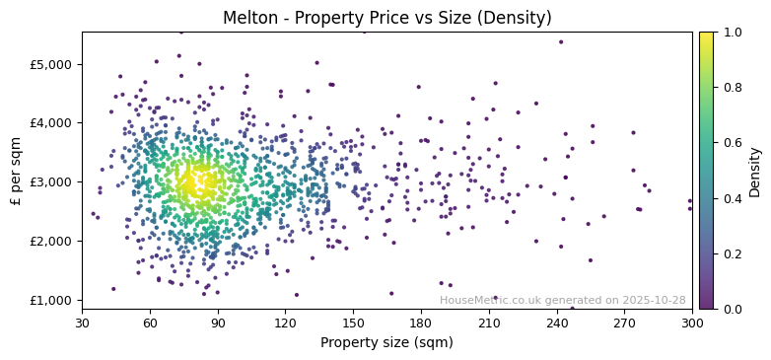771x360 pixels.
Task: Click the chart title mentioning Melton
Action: [386, 18]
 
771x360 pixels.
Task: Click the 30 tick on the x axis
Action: [82, 323]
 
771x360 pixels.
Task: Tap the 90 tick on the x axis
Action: [218, 323]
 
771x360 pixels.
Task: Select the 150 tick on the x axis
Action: [353, 323]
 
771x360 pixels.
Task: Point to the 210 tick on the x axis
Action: [489, 323]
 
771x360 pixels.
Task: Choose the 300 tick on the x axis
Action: [692, 323]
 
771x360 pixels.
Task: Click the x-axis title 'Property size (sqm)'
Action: [386, 342]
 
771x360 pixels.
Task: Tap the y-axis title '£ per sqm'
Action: [17, 170]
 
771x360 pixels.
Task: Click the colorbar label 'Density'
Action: [755, 170]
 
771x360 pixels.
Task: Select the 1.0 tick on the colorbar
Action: [730, 32]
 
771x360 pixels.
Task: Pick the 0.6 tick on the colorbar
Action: [730, 143]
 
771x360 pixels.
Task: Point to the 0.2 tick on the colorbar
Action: [730, 253]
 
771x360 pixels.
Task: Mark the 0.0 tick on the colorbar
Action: [730, 309]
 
